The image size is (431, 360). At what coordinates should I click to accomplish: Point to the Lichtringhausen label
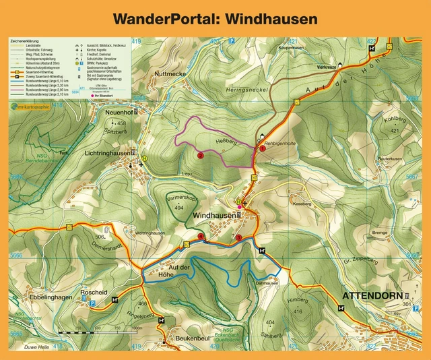click(106, 154)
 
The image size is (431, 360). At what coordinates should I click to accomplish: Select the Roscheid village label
click(94, 293)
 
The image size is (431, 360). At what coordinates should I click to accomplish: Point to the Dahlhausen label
click(268, 283)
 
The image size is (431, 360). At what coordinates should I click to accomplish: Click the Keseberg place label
click(302, 202)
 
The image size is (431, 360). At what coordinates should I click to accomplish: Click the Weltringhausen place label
click(151, 233)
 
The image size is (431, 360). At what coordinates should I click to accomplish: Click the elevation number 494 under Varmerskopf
click(178, 208)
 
